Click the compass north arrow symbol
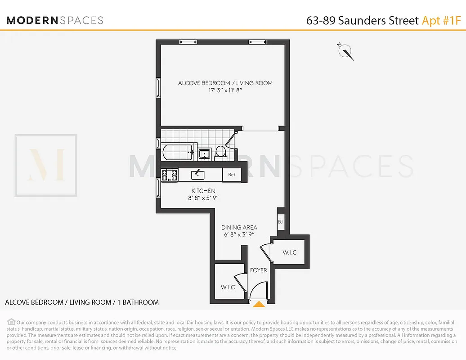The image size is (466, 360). coord(346,52)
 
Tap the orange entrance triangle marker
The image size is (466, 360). coord(259,305)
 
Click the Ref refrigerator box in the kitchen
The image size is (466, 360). coord(232,175)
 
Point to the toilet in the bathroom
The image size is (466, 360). coord(220,152)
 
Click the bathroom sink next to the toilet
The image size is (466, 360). coord(204,154)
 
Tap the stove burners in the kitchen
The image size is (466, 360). coord(170,175)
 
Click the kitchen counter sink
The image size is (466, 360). coord(198,174)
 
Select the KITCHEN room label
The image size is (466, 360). coord(203,191)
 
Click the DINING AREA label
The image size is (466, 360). coord(239,227)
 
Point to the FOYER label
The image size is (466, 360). coord(259,270)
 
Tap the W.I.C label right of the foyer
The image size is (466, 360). coord(290,252)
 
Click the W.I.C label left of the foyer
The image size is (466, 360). coord(228,287)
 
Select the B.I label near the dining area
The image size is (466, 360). coord(280,222)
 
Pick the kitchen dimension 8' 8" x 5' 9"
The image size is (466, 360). coord(203,198)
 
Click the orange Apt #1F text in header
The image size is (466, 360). coord(441,20)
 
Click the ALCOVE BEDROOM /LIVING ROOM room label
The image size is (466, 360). coord(225,83)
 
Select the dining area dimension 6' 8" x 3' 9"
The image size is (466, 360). coord(239,234)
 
